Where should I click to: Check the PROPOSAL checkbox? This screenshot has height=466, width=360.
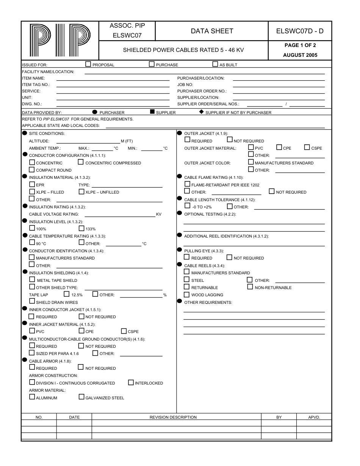[x=88, y=64]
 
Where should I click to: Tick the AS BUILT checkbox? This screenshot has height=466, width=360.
[x=215, y=64]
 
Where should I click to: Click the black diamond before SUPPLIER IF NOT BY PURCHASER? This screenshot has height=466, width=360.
[x=201, y=112]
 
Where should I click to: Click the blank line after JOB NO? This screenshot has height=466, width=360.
[x=279, y=84]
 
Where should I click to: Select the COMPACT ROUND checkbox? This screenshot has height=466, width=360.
[x=32, y=170]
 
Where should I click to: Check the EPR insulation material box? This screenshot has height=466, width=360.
[x=32, y=185]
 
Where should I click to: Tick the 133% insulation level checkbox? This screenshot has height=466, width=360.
[x=81, y=228]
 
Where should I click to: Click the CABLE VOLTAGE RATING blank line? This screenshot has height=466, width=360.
[x=120, y=214]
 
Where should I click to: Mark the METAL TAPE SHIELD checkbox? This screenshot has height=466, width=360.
[x=32, y=280]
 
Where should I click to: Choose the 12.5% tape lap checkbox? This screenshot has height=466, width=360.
[x=67, y=294]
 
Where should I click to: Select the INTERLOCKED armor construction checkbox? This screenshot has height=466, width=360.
[x=131, y=383]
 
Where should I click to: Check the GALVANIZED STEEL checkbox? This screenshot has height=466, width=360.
[x=81, y=397]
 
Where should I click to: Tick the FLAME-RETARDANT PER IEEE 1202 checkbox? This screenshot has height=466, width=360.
[x=187, y=185]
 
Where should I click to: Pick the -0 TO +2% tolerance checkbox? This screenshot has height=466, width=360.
[x=187, y=206]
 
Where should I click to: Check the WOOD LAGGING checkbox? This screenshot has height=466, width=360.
[x=186, y=295]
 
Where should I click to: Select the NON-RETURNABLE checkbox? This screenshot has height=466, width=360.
[x=250, y=287]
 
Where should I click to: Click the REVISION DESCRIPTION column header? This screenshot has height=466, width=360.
[x=173, y=417]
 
